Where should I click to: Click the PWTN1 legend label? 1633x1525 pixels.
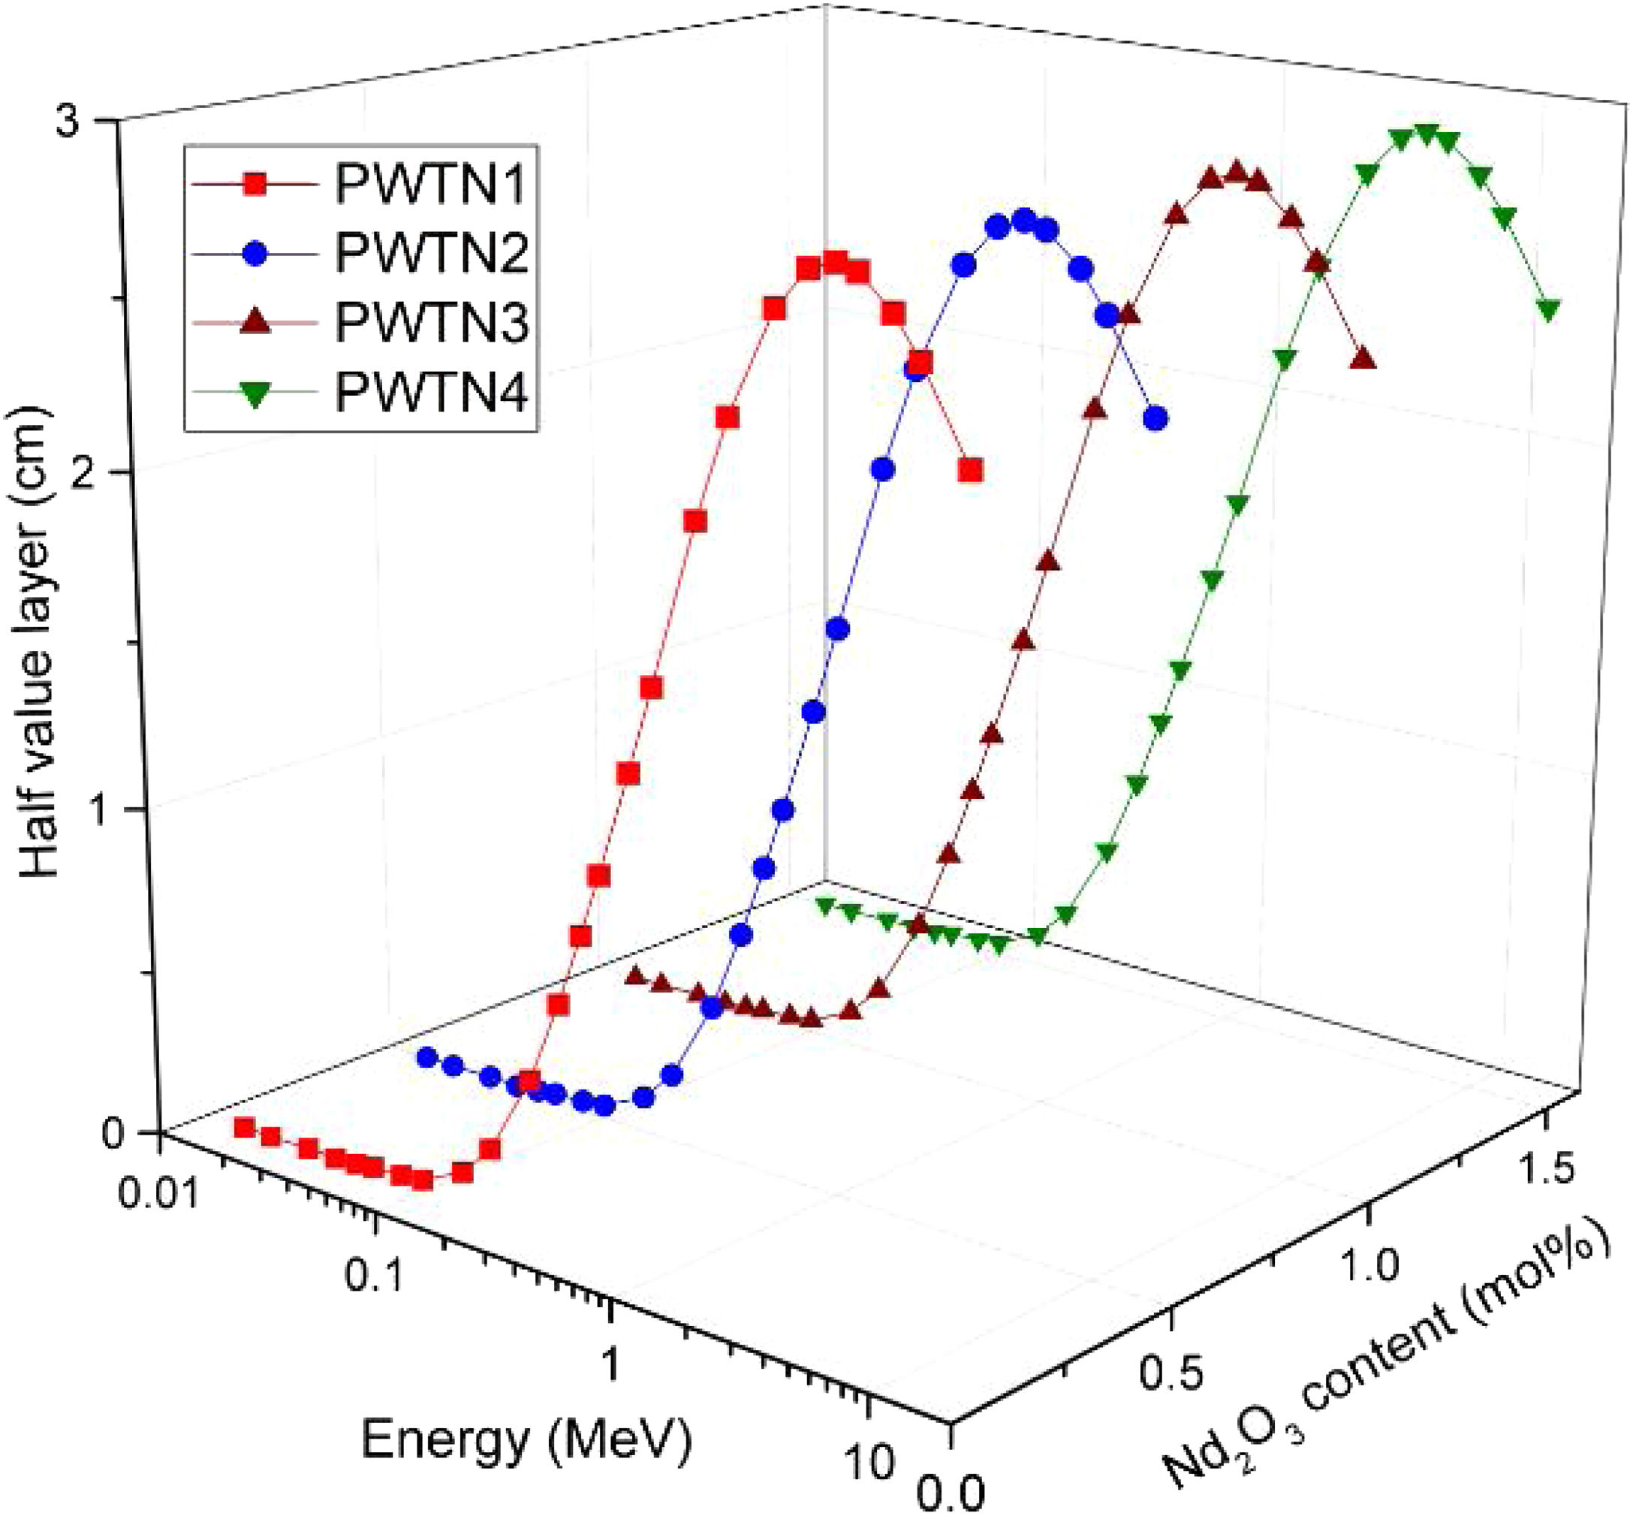pyautogui.click(x=429, y=184)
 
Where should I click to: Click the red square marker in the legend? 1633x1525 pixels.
pyautogui.click(x=256, y=185)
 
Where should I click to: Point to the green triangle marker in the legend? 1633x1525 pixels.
pyautogui.click(x=256, y=394)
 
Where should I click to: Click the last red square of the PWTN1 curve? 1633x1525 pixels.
pyautogui.click(x=971, y=471)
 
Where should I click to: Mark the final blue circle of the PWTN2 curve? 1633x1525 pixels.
pyautogui.click(x=1155, y=419)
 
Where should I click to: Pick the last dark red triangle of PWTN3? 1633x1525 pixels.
pyautogui.click(x=1363, y=358)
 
